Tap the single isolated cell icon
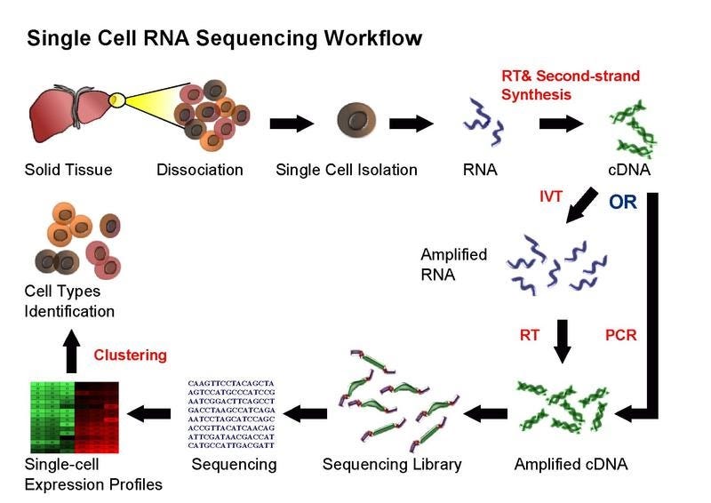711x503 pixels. (x=359, y=122)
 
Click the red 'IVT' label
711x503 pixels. (x=551, y=196)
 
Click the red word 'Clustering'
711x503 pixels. (x=130, y=355)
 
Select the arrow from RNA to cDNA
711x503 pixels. (x=561, y=123)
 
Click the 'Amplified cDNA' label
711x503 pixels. (x=571, y=464)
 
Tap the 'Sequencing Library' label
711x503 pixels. (x=392, y=464)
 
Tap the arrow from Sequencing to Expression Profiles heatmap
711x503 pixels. (x=150, y=412)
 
